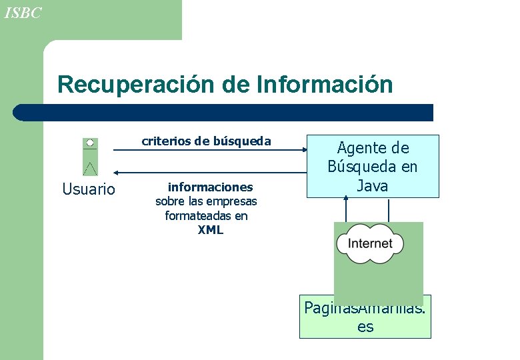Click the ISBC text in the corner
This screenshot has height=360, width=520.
click(23, 13)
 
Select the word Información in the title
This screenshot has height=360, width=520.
click(325, 85)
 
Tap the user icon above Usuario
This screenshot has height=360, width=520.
click(90, 157)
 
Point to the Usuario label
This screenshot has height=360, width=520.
click(89, 189)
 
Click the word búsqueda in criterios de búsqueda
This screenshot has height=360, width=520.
click(243, 141)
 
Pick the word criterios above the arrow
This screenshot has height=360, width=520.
click(165, 141)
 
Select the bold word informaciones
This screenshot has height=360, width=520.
click(210, 187)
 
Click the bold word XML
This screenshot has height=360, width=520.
click(210, 231)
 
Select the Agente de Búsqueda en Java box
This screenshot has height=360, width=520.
click(373, 167)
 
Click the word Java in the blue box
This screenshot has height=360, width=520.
click(373, 186)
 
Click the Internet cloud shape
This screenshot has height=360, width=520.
click(370, 243)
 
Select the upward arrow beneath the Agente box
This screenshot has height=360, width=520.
click(346, 200)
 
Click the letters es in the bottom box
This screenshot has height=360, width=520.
click(365, 327)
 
